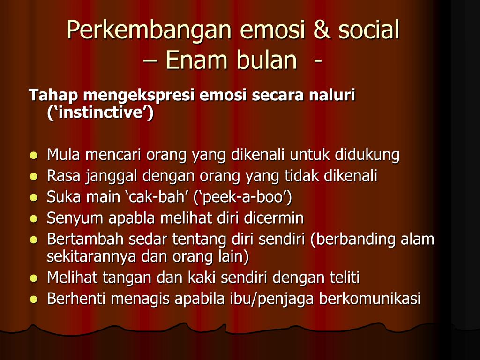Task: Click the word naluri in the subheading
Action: [x=332, y=95]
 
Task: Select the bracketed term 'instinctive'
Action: [x=100, y=113]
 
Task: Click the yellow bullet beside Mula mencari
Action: [x=33, y=155]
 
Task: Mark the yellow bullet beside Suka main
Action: [x=33, y=197]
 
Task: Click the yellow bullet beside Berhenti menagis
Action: [x=33, y=299]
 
